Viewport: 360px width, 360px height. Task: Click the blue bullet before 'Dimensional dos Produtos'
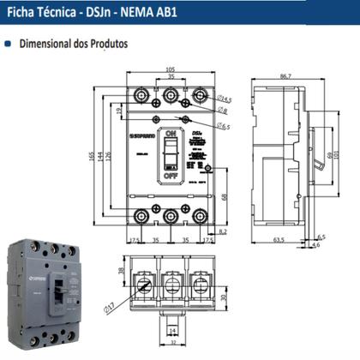9,42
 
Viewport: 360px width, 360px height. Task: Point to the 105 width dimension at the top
171,69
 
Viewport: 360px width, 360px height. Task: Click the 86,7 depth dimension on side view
285,76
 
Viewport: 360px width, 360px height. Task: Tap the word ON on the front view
171,135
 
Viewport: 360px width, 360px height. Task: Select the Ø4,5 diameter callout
225,99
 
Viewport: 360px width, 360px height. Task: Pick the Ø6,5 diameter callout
223,126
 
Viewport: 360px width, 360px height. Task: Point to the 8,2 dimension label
223,231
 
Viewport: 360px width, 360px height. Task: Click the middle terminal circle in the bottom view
171,281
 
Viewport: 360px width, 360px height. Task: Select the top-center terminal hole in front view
171,95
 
